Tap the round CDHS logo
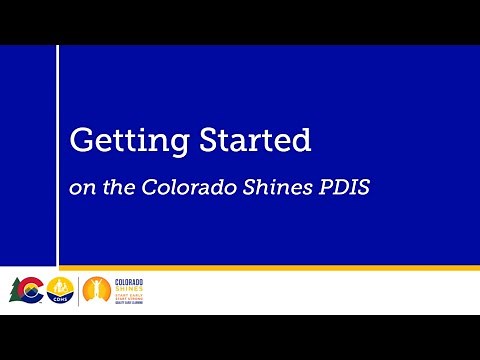pos(59,290)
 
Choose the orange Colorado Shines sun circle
pos(96,290)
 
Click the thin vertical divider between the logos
pos(78,290)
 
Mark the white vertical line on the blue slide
pos(58,155)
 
